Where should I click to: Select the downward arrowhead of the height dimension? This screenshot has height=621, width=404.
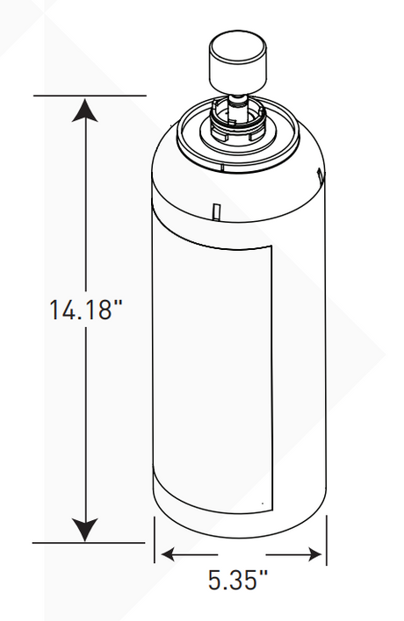click(84, 530)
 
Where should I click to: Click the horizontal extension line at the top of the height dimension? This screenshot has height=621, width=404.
click(88, 95)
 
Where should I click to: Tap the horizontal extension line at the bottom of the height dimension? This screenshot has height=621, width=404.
click(88, 543)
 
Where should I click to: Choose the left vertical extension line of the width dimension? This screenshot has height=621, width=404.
click(155, 539)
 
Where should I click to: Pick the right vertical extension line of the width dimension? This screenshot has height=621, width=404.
click(326, 539)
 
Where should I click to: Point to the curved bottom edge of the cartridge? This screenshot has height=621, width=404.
click(241, 536)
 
